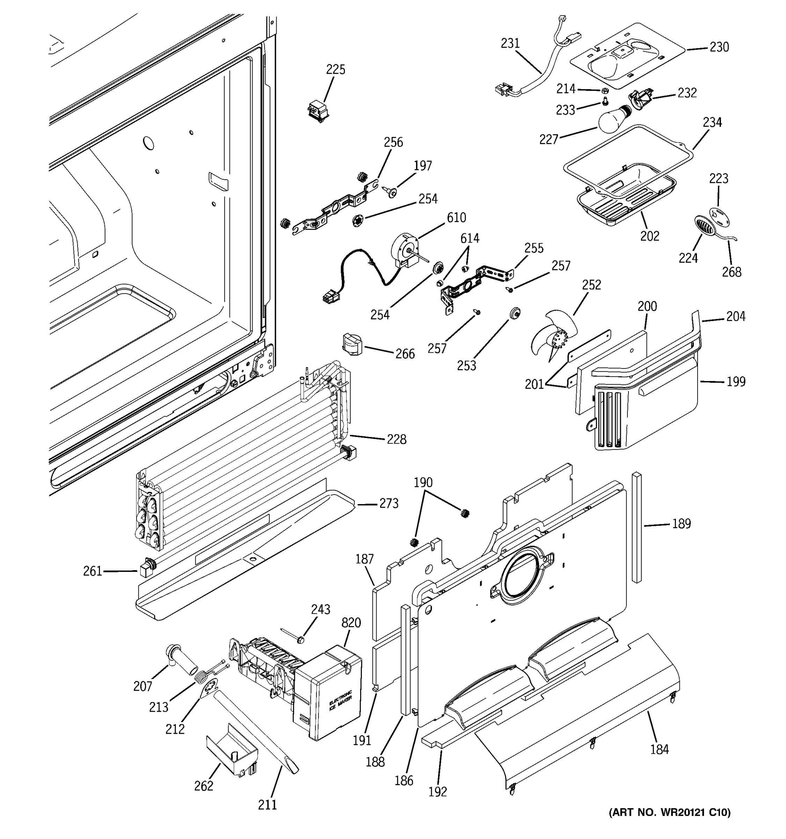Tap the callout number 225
pyautogui.click(x=336, y=70)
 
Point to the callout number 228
pyautogui.click(x=397, y=439)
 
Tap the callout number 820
pyautogui.click(x=351, y=623)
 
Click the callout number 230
pyautogui.click(x=719, y=47)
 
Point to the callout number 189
pyautogui.click(x=682, y=524)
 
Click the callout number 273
pyautogui.click(x=388, y=503)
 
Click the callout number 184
pyautogui.click(x=660, y=749)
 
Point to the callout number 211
pyautogui.click(x=267, y=804)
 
